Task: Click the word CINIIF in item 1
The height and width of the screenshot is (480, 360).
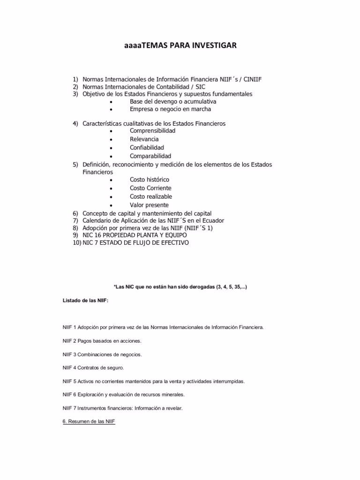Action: (x=252, y=79)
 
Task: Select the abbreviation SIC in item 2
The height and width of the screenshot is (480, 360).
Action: (x=200, y=87)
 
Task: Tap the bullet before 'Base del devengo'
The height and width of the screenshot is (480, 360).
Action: (x=110, y=102)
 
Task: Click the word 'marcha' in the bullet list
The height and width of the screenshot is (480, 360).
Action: (x=200, y=109)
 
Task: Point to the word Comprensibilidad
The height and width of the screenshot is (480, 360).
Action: (x=152, y=131)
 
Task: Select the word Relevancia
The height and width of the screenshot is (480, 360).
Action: (x=144, y=139)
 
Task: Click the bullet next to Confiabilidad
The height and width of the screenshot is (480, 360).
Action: (x=110, y=148)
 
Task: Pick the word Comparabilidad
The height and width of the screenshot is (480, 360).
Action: (x=150, y=156)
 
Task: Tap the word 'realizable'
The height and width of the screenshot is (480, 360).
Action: (x=158, y=196)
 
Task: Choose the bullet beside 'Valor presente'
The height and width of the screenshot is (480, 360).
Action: (x=110, y=205)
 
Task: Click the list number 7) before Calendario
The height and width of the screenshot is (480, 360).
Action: (x=75, y=220)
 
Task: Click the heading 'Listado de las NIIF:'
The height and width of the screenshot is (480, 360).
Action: (x=85, y=300)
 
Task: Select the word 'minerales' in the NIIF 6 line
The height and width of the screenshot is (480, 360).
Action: (x=172, y=395)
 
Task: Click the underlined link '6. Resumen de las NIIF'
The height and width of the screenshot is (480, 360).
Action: (x=89, y=421)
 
